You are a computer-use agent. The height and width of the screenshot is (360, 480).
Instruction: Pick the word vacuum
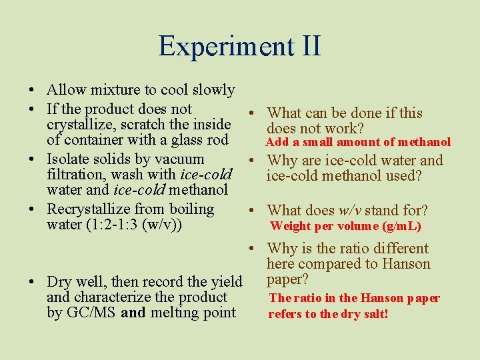click(180, 159)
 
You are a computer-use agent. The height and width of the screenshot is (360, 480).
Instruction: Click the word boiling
click(190, 209)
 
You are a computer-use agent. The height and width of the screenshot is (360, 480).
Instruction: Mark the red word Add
click(277, 142)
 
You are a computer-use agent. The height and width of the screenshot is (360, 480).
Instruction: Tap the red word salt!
click(373, 314)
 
